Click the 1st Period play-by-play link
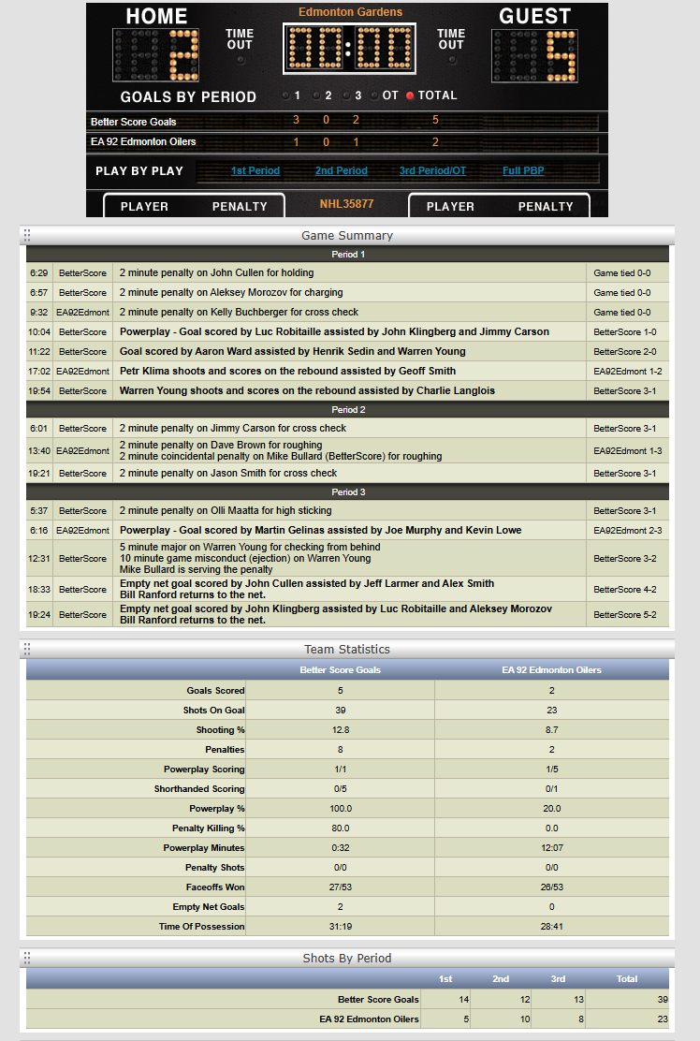point(255,171)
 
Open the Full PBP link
point(524,171)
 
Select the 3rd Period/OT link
point(432,171)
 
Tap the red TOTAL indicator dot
point(410,95)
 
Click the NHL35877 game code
point(346,204)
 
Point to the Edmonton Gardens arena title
point(350,12)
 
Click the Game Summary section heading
point(347,235)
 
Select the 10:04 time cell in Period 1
point(39,332)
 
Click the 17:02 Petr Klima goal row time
point(39,372)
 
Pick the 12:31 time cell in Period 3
point(39,559)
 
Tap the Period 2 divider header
point(347,410)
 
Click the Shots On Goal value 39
point(341,711)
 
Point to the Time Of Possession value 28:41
point(551,927)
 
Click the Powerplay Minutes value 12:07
point(551,848)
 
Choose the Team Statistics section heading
point(347,650)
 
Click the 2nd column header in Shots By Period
point(501,979)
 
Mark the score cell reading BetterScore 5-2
point(627,615)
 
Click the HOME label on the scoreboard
point(156,16)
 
